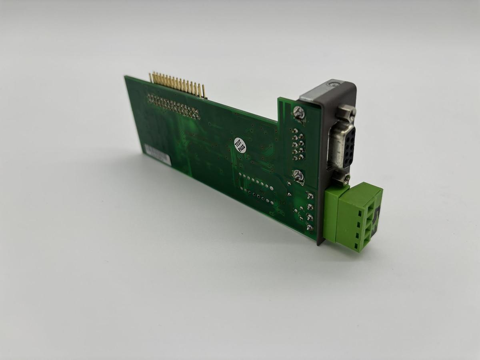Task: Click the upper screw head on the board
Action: click(x=298, y=113)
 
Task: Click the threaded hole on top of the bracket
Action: click(x=332, y=84)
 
